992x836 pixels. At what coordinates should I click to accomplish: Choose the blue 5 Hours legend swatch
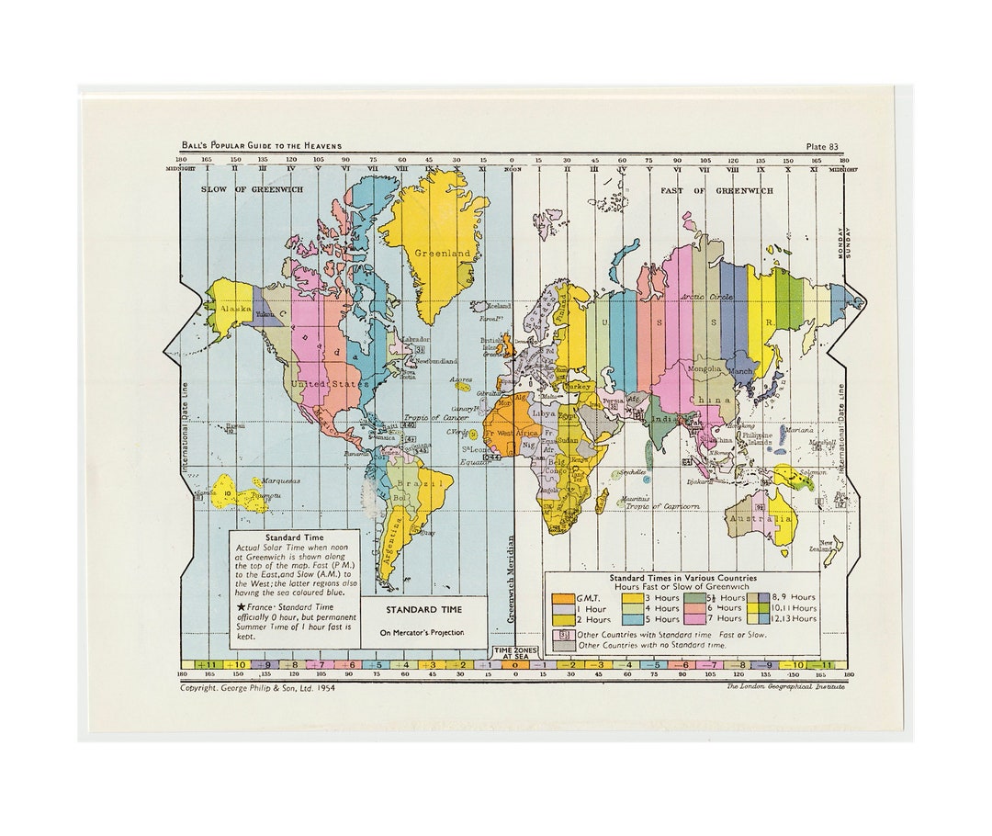point(633,618)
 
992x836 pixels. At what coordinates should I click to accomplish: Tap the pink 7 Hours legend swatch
point(693,618)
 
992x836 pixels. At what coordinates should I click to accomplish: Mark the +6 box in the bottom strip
point(347,664)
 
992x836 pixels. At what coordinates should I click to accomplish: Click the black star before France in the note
point(240,607)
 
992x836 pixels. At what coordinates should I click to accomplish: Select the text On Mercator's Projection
point(423,632)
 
